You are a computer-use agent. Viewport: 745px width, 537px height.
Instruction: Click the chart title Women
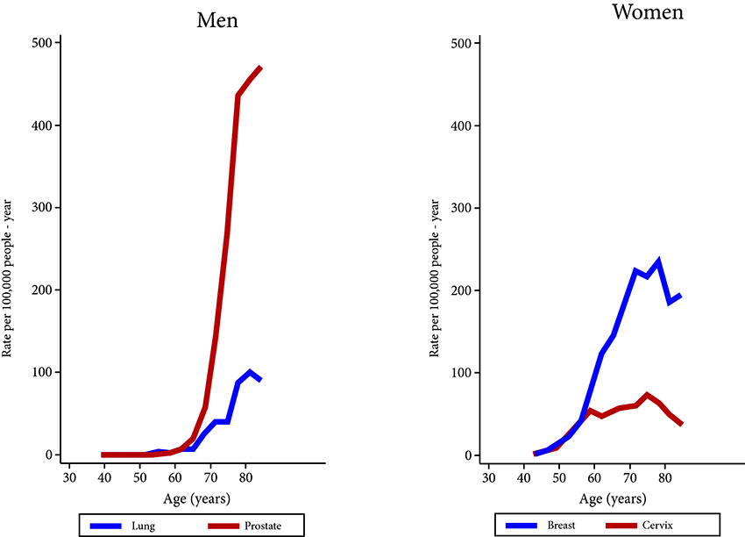648,12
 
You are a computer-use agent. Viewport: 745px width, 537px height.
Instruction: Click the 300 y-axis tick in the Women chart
468,208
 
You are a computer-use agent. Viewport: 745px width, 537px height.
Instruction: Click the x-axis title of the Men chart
192,498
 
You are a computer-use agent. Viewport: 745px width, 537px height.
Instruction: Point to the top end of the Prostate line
260,67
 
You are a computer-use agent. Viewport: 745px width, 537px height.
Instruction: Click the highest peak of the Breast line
657,261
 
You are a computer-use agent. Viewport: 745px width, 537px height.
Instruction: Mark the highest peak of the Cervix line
647,395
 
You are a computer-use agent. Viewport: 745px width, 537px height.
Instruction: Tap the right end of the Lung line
259,380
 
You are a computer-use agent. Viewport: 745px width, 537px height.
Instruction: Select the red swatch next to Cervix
624,526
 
